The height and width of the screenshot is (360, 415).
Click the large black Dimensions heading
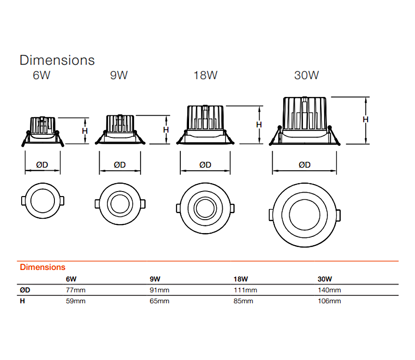tap(57, 60)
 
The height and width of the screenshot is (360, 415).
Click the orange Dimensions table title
tap(42, 267)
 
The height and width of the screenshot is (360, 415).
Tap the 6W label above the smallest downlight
tap(41, 75)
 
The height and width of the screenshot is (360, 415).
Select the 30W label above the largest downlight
tap(307, 75)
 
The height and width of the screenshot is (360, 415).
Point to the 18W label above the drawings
tap(205, 75)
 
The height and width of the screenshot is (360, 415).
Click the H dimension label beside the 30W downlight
tap(366, 120)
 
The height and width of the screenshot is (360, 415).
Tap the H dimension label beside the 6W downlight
tap(85, 131)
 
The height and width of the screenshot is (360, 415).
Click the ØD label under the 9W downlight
tap(119, 165)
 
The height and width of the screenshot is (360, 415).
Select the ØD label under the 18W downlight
tap(205, 165)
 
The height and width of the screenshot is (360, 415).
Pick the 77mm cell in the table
tap(76, 290)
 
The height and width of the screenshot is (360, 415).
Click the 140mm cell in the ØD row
tap(329, 290)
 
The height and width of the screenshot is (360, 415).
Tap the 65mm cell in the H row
tap(160, 301)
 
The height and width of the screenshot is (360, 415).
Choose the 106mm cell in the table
tap(329, 301)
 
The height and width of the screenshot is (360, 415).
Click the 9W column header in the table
tap(155, 279)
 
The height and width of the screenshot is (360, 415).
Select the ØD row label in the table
tap(25, 290)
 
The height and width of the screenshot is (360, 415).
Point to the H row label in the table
tap(22, 301)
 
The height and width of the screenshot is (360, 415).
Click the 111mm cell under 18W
tap(245, 290)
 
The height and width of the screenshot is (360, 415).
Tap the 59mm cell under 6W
tap(76, 301)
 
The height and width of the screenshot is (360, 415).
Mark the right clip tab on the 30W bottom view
tap(339, 215)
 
